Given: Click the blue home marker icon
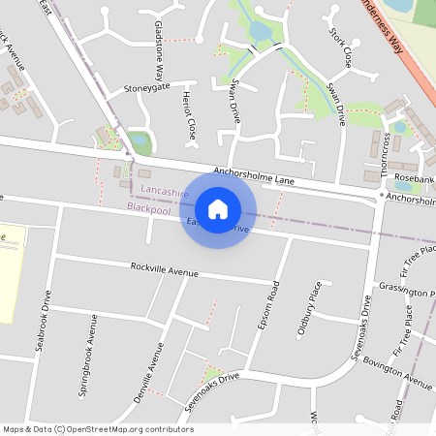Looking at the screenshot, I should point(218,208).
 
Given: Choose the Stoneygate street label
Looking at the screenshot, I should point(146,87).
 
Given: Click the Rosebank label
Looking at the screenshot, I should point(414,179).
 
